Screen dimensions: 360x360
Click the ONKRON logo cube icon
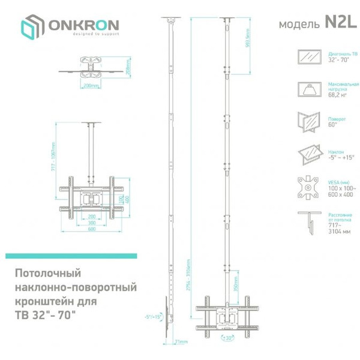click(x=31, y=27)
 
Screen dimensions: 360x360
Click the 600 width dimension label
click(x=92, y=229)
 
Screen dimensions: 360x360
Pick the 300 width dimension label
click(x=92, y=222)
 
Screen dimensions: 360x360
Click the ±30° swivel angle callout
click(x=227, y=338)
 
